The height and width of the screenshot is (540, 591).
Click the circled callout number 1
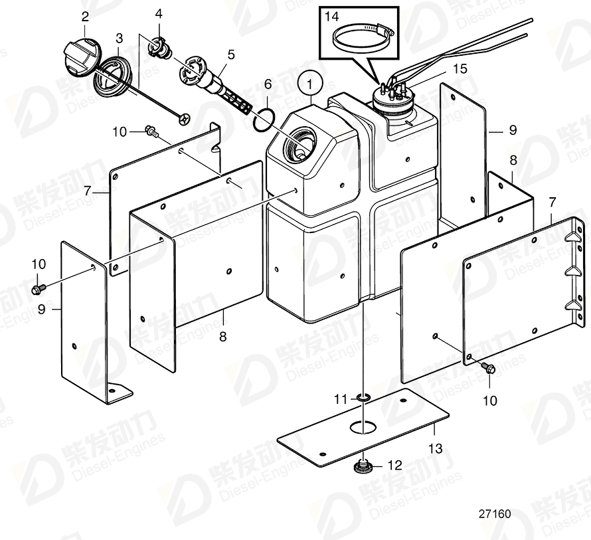(311, 84)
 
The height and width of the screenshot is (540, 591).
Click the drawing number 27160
(494, 513)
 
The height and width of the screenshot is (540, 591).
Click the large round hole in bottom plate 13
(363, 426)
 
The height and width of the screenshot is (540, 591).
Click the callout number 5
(230, 52)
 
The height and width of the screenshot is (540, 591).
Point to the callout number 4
(158, 13)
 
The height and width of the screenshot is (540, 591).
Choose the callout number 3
(119, 38)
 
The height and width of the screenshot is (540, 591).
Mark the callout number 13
(435, 448)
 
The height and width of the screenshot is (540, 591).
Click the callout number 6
(268, 84)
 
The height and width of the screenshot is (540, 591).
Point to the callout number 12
(394, 466)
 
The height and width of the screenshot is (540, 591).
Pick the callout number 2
(85, 16)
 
